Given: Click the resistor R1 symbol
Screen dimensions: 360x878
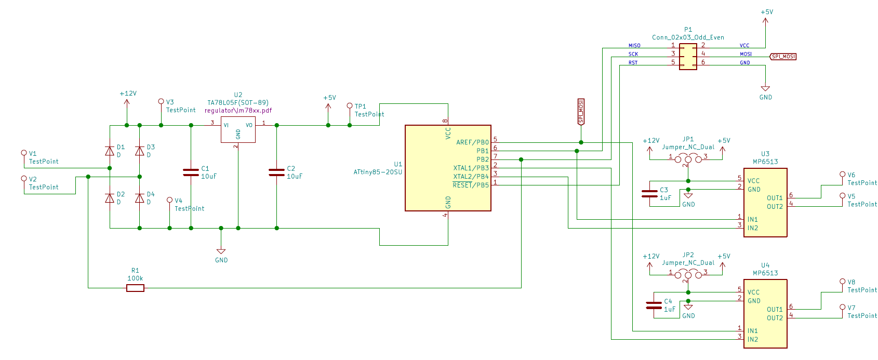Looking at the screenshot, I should tap(135, 288).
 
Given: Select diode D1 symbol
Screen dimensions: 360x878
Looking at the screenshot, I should tap(110, 151).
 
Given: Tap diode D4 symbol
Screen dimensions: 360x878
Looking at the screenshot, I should tap(139, 198).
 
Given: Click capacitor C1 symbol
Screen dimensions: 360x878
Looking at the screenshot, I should tap(191, 172).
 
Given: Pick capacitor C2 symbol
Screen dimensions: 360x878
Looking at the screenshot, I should tap(276, 172).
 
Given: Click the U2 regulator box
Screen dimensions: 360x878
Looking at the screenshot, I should tap(238, 129).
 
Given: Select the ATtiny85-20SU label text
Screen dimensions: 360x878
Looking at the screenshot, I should tap(378, 172).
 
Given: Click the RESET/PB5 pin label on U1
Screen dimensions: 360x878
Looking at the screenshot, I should tap(470, 185).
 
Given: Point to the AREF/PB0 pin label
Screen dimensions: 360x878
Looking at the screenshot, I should tap(472, 142).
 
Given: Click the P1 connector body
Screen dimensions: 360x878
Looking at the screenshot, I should tap(688, 57).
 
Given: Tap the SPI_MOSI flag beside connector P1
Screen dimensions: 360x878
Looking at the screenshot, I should tap(783, 57).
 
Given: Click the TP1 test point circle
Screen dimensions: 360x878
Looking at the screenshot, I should tap(350, 106).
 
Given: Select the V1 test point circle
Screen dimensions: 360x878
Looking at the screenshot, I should tap(24, 153).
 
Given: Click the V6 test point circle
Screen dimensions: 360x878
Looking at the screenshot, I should tap(843, 175).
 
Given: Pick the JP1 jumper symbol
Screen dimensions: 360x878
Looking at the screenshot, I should tap(688, 159).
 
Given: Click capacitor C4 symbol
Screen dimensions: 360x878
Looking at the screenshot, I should tap(654, 305).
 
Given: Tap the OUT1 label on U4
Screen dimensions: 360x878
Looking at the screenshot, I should tap(775, 310).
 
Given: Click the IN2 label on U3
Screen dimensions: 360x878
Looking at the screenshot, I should tap(753, 228).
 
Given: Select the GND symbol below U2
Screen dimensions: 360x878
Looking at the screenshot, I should tap(221, 252).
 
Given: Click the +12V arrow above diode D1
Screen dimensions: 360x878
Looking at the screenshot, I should tap(127, 102).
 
